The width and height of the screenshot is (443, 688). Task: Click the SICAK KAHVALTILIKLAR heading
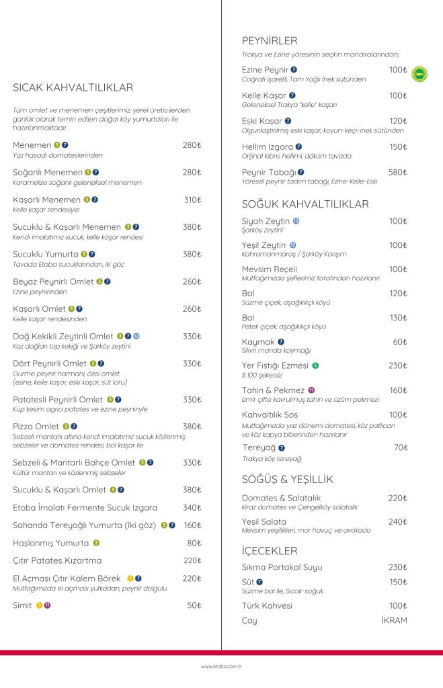coord(73,88)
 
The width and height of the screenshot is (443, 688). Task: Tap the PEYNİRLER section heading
coord(270,40)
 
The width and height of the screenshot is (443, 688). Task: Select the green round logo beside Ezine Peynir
coord(419,74)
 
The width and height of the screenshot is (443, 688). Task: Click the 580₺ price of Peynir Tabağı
coord(398,172)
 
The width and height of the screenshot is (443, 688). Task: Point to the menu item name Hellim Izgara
coord(268,146)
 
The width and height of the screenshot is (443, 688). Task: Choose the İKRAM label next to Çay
coord(394,620)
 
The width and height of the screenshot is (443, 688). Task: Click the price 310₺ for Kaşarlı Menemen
coord(192,200)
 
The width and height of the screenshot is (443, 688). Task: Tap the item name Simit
coord(22,605)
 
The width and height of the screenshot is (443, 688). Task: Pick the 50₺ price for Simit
coord(194,605)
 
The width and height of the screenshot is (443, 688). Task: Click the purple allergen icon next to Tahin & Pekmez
coord(312,390)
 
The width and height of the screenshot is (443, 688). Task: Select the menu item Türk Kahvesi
coord(267,605)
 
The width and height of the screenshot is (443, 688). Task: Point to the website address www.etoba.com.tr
coord(221,666)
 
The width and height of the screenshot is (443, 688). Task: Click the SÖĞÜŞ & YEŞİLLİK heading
coord(288,480)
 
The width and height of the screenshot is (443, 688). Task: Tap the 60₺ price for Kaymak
coord(400,342)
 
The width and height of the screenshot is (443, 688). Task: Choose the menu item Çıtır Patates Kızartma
coord(58,560)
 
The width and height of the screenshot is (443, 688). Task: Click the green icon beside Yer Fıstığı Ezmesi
coord(315,365)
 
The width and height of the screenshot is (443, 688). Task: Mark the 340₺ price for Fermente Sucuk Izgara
coord(192,507)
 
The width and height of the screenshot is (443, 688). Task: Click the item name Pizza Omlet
coord(36,426)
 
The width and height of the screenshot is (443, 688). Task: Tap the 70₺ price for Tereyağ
coord(401,447)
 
